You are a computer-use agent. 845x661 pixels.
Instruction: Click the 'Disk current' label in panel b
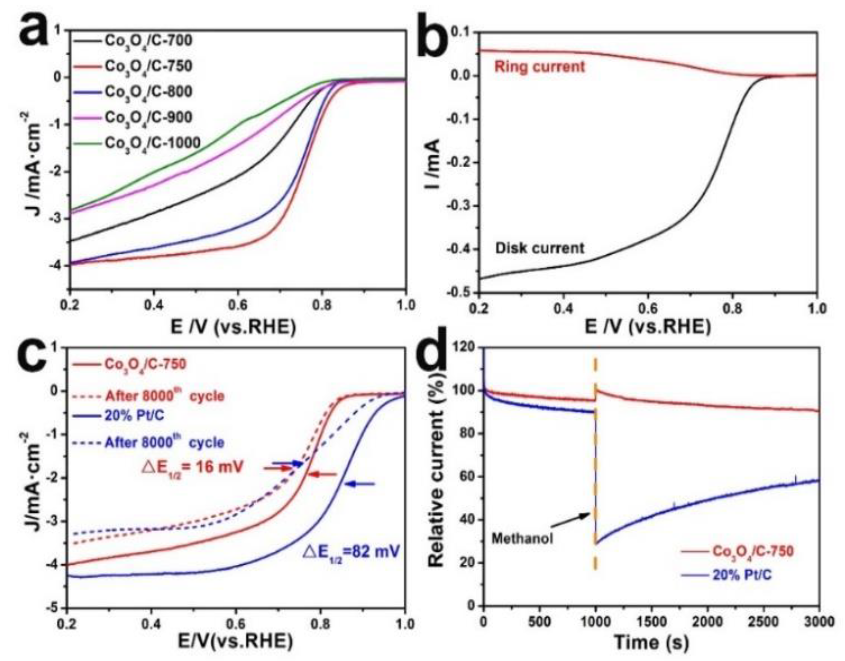coord(540,248)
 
